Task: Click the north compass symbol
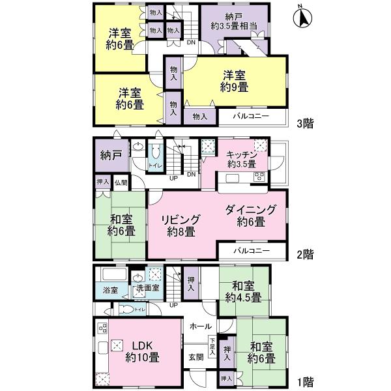302,16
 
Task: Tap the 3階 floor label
305,123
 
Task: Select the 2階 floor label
305,253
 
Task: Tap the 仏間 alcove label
121,183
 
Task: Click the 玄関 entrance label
196,356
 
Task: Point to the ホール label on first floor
200,326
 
